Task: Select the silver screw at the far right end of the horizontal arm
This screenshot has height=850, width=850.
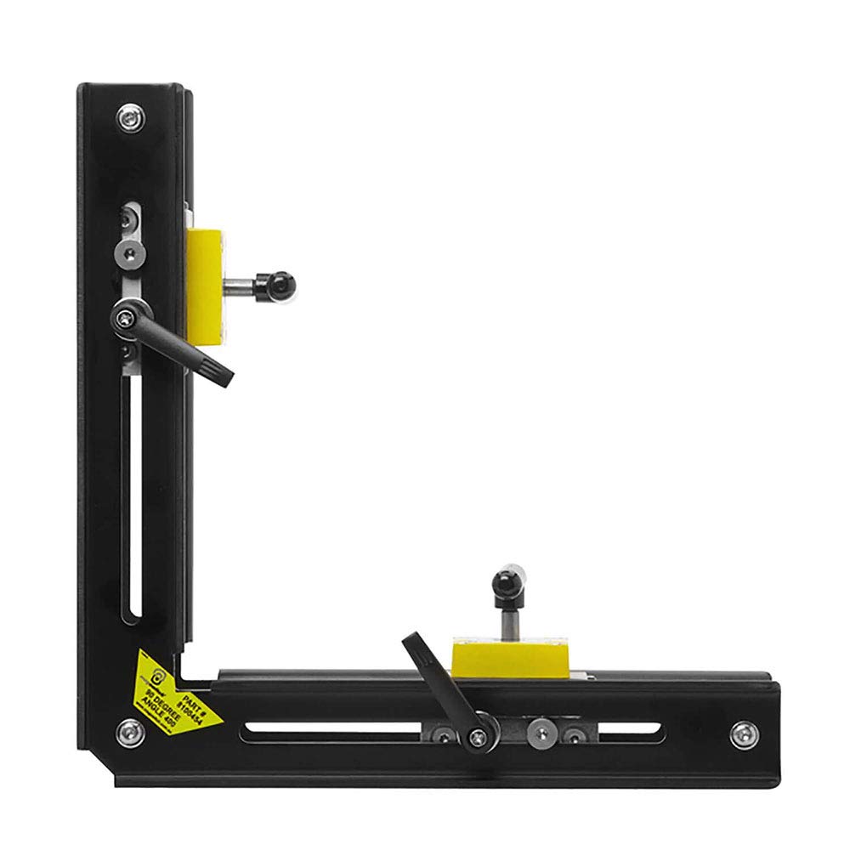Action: point(743,733)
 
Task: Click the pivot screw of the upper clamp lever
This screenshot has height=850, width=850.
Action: point(125,319)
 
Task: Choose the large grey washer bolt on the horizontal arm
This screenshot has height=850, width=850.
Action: point(541,733)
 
